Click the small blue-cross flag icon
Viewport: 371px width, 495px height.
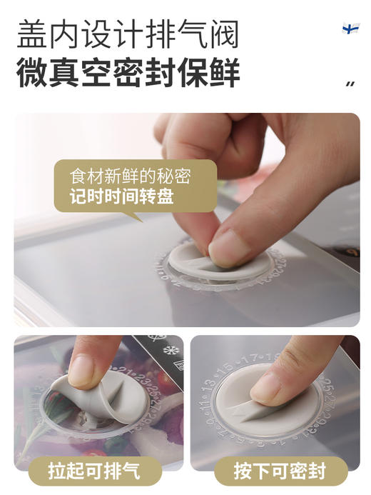[x=350, y=29]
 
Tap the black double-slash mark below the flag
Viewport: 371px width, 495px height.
[x=350, y=84]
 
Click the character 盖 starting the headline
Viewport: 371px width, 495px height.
[x=34, y=34]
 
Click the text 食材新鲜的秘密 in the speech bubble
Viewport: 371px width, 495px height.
[x=131, y=176]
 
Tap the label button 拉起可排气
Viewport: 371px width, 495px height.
[x=94, y=471]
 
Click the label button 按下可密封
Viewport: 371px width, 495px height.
[x=279, y=471]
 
